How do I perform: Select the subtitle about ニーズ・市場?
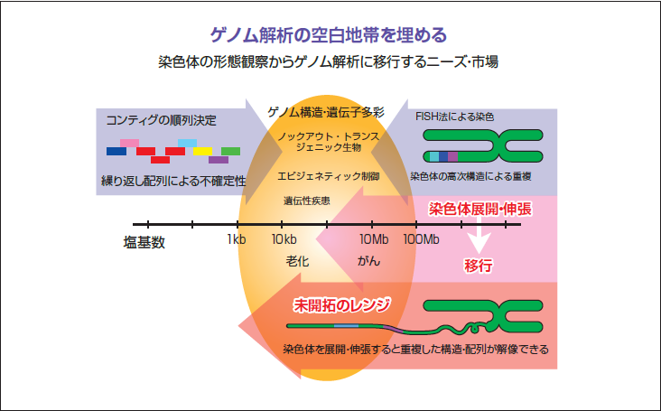click(330, 63)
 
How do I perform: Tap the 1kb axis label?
click(237, 239)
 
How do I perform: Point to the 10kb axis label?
click(284, 239)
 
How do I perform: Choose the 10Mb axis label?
click(373, 239)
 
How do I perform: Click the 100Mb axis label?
click(421, 239)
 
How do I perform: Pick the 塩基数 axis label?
click(144, 242)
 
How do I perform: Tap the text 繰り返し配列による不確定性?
click(173, 181)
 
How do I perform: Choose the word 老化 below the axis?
click(298, 260)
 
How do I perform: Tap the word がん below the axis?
click(368, 260)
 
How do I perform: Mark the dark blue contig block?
click(116, 151)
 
